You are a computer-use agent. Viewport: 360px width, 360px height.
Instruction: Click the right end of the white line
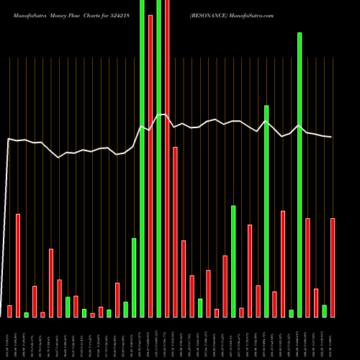coord(331,137)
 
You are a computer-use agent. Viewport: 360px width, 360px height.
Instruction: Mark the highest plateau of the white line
coord(163,114)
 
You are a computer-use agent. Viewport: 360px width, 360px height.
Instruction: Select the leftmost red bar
coord(9,311)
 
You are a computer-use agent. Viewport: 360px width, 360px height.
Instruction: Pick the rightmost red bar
coord(333,267)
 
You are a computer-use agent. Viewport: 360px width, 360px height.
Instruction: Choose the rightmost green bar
coord(324,311)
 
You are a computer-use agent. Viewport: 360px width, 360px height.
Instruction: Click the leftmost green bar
coord(26,315)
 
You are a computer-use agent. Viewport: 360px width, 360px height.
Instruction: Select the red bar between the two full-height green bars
coord(150,166)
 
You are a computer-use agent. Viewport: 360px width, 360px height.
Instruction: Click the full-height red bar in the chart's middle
coord(167,158)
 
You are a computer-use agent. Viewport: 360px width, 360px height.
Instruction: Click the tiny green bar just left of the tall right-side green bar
coord(291,313)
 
